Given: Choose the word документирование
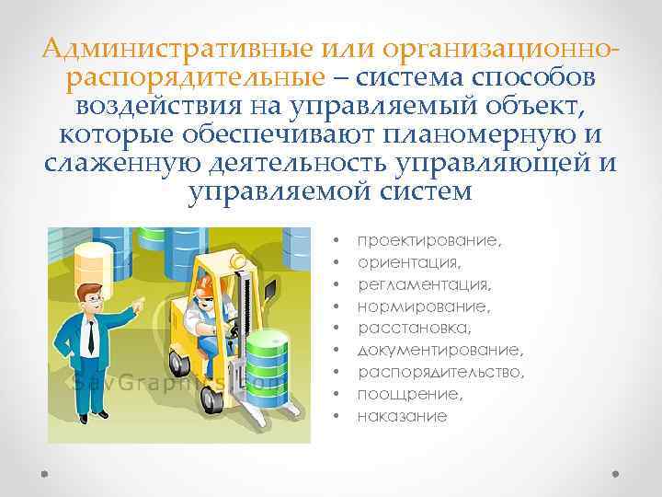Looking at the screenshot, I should pyautogui.click(x=439, y=350).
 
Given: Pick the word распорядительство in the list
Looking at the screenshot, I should pyautogui.click(x=441, y=372).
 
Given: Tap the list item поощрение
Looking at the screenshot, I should pyautogui.click(x=410, y=394).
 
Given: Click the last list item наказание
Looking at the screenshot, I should pyautogui.click(x=403, y=417).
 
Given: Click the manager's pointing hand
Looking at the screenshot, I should pyautogui.click(x=137, y=304).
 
